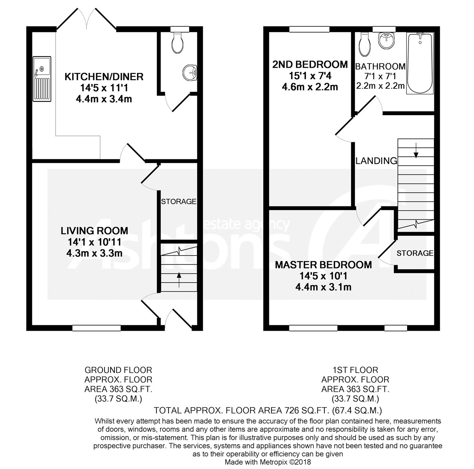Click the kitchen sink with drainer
click(42, 79)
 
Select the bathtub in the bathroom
click(420, 63)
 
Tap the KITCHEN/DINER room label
click(104, 77)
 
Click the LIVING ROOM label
click(94, 231)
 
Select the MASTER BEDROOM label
click(323, 265)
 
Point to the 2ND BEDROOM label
click(310, 65)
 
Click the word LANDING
click(376, 161)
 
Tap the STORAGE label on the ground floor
click(178, 202)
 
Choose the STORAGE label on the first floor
click(415, 253)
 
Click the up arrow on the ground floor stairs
click(179, 280)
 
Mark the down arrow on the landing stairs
click(416, 150)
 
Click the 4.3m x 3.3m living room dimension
click(94, 253)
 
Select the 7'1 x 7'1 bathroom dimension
click(376, 76)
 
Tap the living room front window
click(97, 328)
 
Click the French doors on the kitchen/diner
click(86, 19)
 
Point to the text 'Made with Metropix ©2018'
click(268, 462)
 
